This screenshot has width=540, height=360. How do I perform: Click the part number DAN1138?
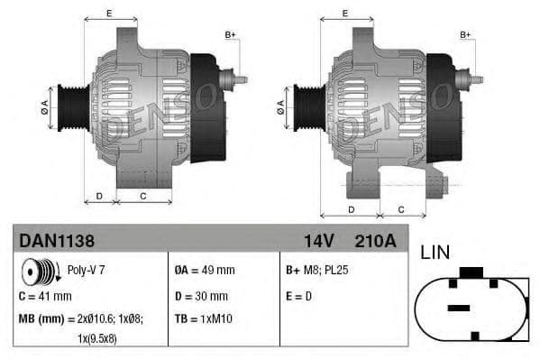[57, 241]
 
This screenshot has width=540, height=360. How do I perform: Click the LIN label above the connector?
[435, 253]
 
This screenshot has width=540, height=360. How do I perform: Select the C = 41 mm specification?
[45, 295]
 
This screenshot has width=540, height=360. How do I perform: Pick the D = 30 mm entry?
[200, 295]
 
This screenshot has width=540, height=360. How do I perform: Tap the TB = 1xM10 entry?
[205, 318]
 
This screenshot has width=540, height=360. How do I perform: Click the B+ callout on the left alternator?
[230, 35]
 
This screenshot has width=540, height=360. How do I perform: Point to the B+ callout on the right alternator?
[466, 35]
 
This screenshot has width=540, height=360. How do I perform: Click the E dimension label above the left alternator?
[109, 13]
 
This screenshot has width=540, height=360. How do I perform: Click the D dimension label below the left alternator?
[99, 195]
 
